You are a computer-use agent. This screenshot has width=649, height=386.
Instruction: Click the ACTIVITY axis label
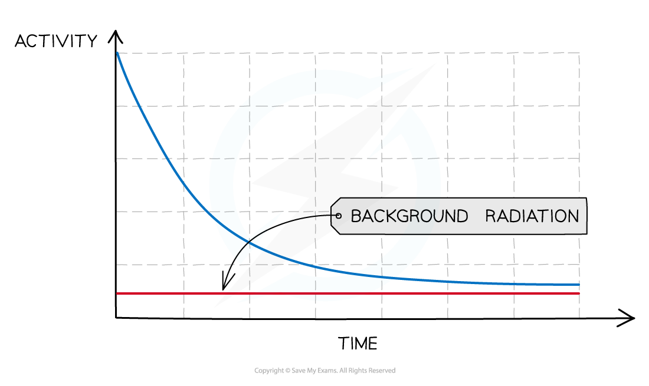pyautogui.click(x=56, y=41)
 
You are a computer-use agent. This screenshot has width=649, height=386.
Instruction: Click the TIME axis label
pyautogui.click(x=358, y=344)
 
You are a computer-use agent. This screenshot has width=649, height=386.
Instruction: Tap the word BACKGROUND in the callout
pyautogui.click(x=409, y=216)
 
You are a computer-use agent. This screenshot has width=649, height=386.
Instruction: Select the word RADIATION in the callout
pyautogui.click(x=532, y=216)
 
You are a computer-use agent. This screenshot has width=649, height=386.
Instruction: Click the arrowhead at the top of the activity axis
pyautogui.click(x=116, y=36)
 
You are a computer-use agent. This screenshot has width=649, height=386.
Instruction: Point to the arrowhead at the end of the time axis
pyautogui.click(x=627, y=318)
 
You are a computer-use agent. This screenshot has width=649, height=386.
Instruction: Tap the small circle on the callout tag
pyautogui.click(x=339, y=216)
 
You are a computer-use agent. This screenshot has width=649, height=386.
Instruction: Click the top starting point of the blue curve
pyautogui.click(x=117, y=53)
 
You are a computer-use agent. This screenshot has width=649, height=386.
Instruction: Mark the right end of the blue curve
pyautogui.click(x=579, y=285)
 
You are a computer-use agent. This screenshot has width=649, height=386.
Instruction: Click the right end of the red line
pyautogui.click(x=579, y=293)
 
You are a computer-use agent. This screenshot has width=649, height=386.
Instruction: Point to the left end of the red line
pyautogui.click(x=117, y=293)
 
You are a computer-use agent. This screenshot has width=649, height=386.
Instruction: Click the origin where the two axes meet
pyautogui.click(x=116, y=318)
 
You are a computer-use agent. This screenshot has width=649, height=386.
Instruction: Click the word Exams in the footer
pyautogui.click(x=329, y=371)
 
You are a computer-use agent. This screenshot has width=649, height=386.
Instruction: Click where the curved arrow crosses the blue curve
pyautogui.click(x=248, y=242)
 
